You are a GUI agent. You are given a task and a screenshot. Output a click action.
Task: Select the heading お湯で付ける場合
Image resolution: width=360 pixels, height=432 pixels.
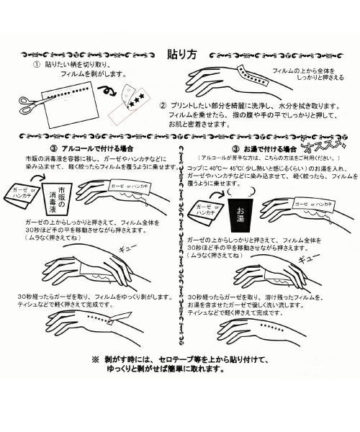pos(270,146)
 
